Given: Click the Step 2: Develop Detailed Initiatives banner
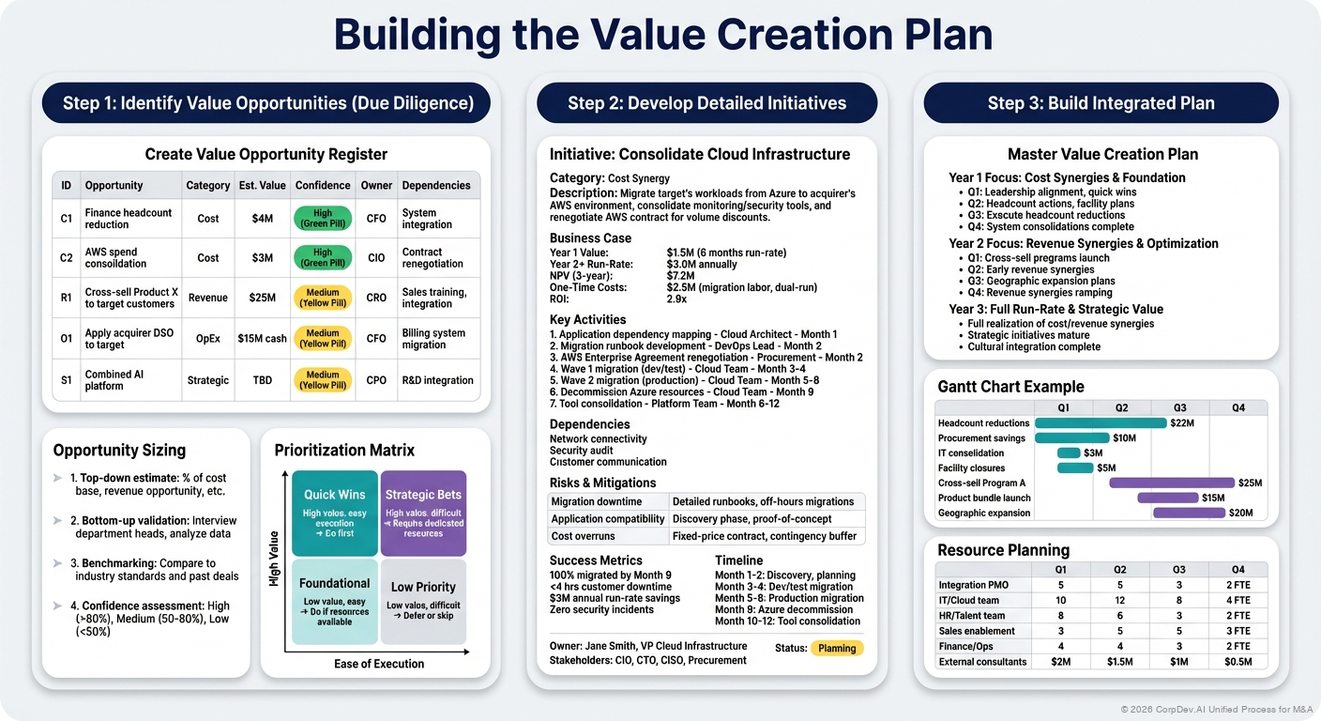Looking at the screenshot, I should tap(706, 103).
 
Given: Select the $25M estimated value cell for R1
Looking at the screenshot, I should tap(263, 298).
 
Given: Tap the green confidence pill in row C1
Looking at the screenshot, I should tap(323, 219).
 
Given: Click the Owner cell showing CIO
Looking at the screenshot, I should tap(375, 258).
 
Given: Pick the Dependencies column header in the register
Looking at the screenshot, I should tap(436, 186).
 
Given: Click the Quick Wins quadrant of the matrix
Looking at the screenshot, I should tap(335, 513).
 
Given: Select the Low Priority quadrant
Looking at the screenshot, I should tap(423, 601).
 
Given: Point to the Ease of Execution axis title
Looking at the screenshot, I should tap(379, 664).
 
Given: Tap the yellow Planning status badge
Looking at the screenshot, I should tap(837, 648).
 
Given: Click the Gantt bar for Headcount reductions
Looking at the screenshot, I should tap(1101, 423).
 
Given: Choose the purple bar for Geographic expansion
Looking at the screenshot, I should tap(1189, 513).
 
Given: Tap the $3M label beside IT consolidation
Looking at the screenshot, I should tap(1093, 453).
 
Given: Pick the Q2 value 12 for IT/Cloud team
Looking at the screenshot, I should tap(1121, 601).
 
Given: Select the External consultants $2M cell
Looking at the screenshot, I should tap(1061, 662).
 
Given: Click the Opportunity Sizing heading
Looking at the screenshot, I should tap(119, 451).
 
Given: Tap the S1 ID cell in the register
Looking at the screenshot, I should tap(67, 380).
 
